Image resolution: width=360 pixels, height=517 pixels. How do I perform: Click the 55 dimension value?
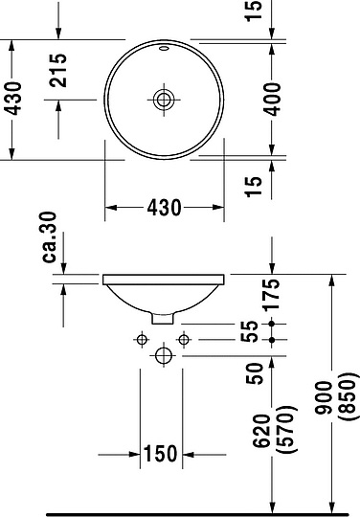[251, 332]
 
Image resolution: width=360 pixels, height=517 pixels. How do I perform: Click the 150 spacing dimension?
[161, 454]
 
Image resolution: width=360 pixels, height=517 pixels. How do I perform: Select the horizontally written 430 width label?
[164, 208]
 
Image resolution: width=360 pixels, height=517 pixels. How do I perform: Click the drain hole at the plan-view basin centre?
[164, 98]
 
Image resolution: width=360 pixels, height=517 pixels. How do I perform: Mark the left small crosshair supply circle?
[142, 340]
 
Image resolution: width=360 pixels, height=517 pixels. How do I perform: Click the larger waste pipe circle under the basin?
[163, 355]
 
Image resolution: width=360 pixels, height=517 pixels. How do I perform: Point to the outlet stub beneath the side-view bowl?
[164, 317]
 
